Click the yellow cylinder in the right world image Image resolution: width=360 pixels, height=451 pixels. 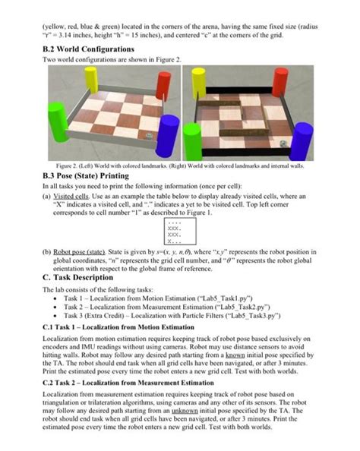[199, 82]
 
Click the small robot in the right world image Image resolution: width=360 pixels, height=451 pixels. [284, 142]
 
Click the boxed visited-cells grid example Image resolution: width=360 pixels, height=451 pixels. [177, 228]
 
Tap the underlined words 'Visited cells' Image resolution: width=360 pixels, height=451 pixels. [74, 195]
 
